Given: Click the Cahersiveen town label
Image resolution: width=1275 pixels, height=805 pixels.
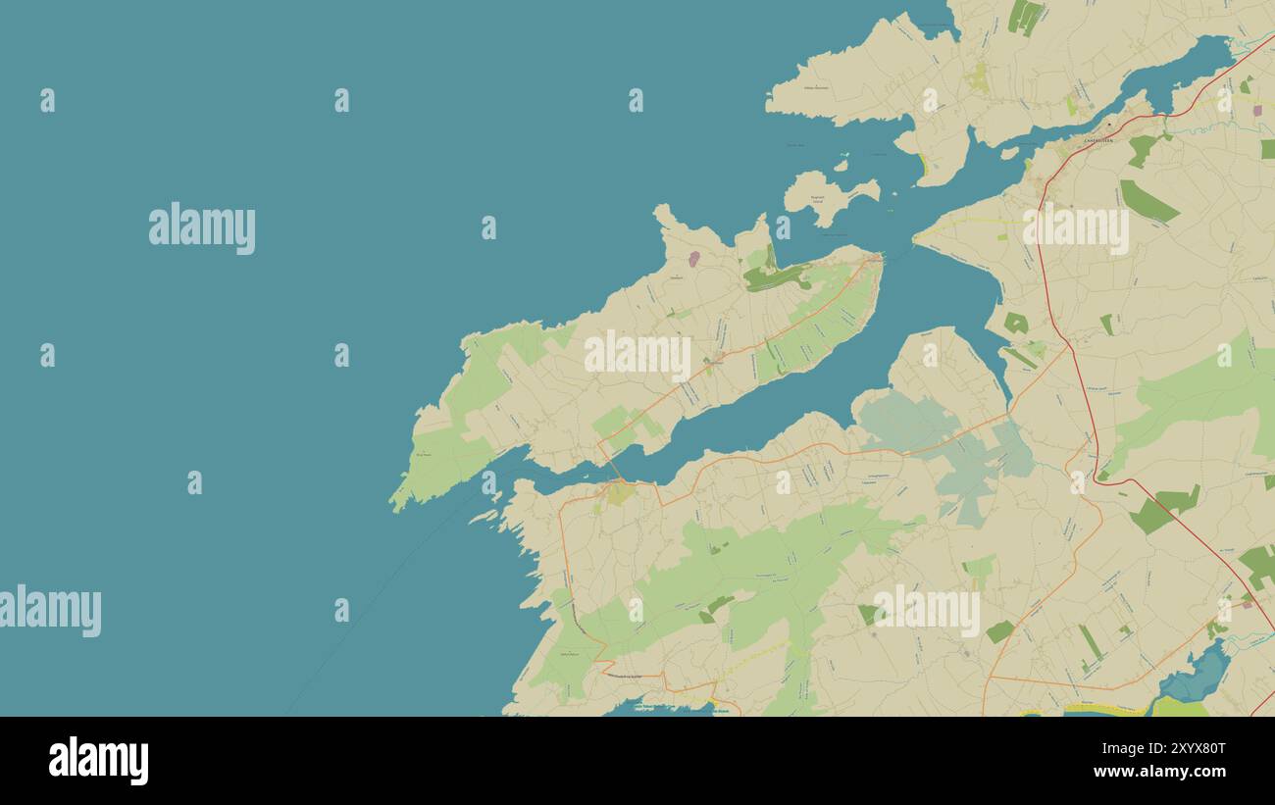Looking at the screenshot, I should pos(1097,141).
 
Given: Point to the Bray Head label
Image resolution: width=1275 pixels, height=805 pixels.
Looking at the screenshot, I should pos(423,455).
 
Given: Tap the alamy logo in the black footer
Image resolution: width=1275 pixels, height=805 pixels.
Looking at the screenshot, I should pos(98,761).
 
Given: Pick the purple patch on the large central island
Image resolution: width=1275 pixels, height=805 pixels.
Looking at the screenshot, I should pos(693,259).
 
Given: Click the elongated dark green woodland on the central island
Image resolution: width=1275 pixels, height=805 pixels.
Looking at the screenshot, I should pos(775,277).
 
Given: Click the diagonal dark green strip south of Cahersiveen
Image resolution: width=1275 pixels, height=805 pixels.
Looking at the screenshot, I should pos(1147,202).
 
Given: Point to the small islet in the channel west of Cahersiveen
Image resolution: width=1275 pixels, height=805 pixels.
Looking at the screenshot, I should pos(1009,153).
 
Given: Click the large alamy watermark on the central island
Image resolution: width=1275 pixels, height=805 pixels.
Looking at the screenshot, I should pos(637,355).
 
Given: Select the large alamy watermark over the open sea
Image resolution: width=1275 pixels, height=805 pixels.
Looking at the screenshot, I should pos(202,228).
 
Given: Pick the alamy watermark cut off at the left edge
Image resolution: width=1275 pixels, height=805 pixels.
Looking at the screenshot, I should pos(50,610).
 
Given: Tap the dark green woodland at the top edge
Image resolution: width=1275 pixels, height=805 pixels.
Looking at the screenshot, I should pos(1026,16).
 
